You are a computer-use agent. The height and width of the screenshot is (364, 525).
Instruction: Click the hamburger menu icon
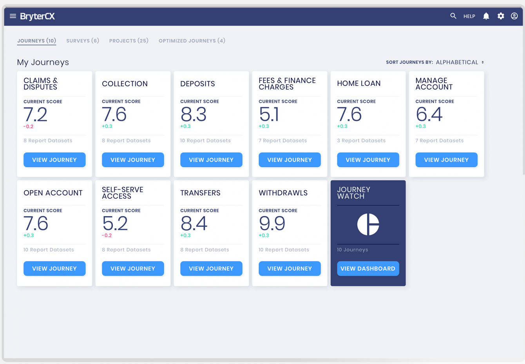click(x=13, y=16)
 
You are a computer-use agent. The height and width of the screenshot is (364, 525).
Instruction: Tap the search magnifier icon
click(x=453, y=16)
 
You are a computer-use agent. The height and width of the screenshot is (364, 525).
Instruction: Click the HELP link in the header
click(x=469, y=16)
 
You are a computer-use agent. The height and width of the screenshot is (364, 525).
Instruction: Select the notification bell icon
click(x=486, y=16)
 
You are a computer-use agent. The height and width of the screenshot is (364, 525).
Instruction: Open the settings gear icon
click(x=501, y=16)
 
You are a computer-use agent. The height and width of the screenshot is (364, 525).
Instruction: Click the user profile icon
click(x=514, y=16)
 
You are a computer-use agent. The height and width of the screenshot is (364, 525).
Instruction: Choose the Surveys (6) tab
click(x=83, y=41)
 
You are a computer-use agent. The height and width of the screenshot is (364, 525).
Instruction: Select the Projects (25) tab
click(x=129, y=41)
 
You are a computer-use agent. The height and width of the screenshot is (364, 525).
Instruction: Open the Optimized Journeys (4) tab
click(x=192, y=41)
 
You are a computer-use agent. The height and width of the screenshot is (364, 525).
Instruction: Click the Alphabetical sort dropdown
click(x=460, y=62)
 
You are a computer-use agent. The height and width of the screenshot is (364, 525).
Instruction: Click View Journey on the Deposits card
click(x=211, y=160)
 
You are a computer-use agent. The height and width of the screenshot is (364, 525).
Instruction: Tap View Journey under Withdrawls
click(x=290, y=269)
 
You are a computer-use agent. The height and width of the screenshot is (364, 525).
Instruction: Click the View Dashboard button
click(x=368, y=269)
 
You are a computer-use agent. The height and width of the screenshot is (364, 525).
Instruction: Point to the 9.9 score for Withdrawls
click(x=272, y=224)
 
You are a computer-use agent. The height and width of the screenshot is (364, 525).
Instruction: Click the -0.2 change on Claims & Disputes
click(x=28, y=127)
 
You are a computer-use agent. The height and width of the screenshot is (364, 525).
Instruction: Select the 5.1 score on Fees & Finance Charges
click(x=269, y=115)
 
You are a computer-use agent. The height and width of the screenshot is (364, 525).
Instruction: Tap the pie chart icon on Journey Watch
click(x=368, y=224)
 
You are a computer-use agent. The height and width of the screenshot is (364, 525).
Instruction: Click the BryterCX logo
click(x=37, y=16)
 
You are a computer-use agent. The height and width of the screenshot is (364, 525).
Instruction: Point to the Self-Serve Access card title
click(x=123, y=193)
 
